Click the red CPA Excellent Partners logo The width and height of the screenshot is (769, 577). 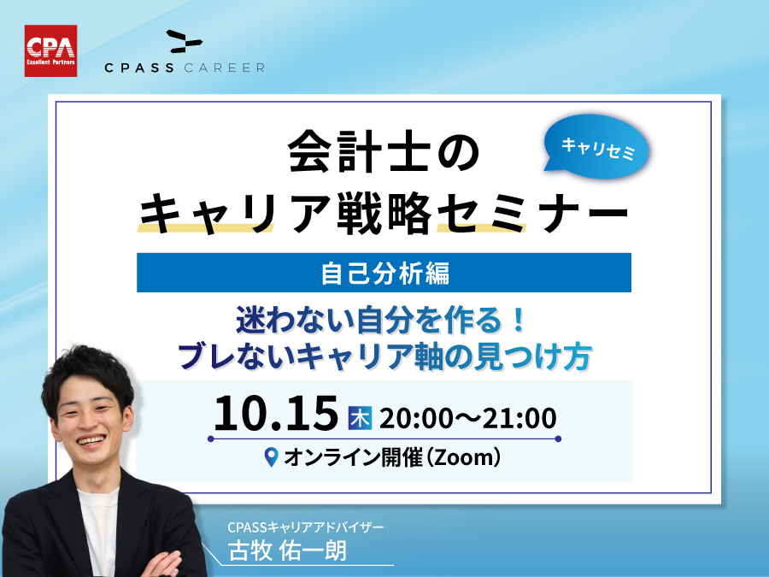point(50,51)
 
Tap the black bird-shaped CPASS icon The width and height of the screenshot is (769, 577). point(185,42)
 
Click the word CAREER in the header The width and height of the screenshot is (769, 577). point(225,68)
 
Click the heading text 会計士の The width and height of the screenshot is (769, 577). point(384,151)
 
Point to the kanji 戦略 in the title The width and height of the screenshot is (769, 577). point(384,213)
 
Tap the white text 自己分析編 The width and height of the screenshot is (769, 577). point(385,274)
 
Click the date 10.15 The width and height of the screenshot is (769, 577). point(276,414)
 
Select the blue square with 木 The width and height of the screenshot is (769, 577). point(360,418)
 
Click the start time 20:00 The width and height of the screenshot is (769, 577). point(416,419)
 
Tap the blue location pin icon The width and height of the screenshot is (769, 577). point(271,456)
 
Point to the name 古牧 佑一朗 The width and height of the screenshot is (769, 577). point(287,551)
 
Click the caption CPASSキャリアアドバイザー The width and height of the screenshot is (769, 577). point(306,527)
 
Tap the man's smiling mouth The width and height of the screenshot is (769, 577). point(91,441)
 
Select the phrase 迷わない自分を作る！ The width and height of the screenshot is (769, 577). point(382,320)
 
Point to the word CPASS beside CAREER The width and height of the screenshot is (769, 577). point(139,68)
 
